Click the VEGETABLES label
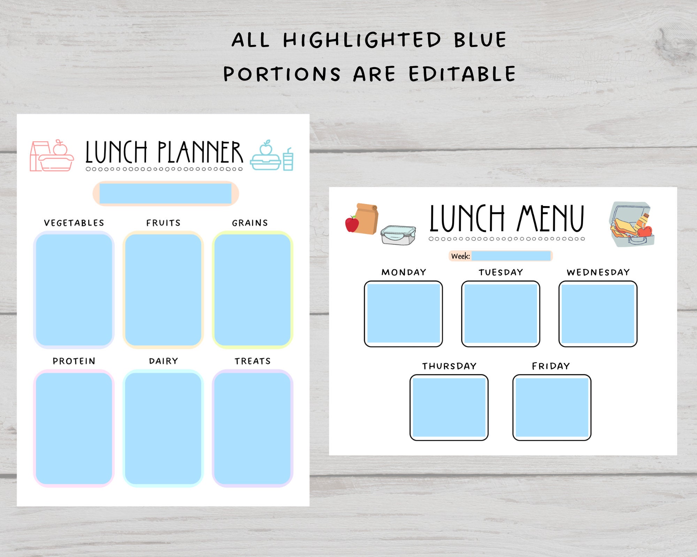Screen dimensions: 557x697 74,223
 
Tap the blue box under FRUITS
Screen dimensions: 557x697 163,290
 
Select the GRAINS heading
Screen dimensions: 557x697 250,223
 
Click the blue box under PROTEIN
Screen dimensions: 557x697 74,428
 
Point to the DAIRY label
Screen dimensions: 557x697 163,361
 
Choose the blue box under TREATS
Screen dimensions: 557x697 252,428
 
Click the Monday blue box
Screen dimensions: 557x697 404,313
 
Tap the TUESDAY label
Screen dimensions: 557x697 501,272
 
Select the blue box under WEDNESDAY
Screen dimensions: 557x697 598,313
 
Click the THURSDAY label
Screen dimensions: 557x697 449,366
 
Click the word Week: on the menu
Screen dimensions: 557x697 460,256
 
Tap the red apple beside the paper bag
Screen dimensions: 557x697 352,224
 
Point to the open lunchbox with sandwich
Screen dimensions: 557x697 631,225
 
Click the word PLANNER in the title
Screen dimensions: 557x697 200,152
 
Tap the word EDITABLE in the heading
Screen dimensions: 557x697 462,74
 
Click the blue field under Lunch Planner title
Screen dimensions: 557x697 166,194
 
